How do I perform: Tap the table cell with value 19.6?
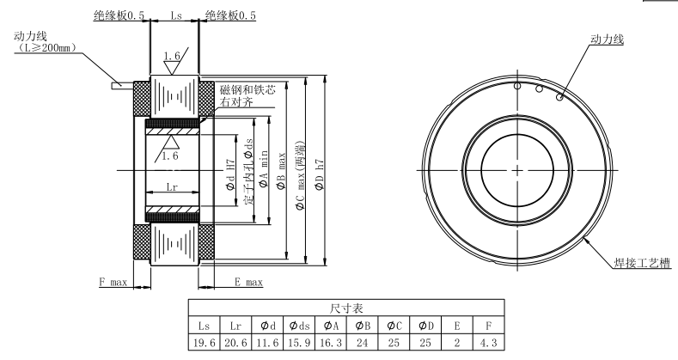[204, 342]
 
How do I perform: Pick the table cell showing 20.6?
[235, 342]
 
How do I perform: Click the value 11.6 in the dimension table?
[266, 342]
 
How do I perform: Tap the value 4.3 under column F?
[488, 342]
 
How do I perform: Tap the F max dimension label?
[113, 282]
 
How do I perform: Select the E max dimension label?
[248, 282]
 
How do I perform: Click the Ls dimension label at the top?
[175, 15]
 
